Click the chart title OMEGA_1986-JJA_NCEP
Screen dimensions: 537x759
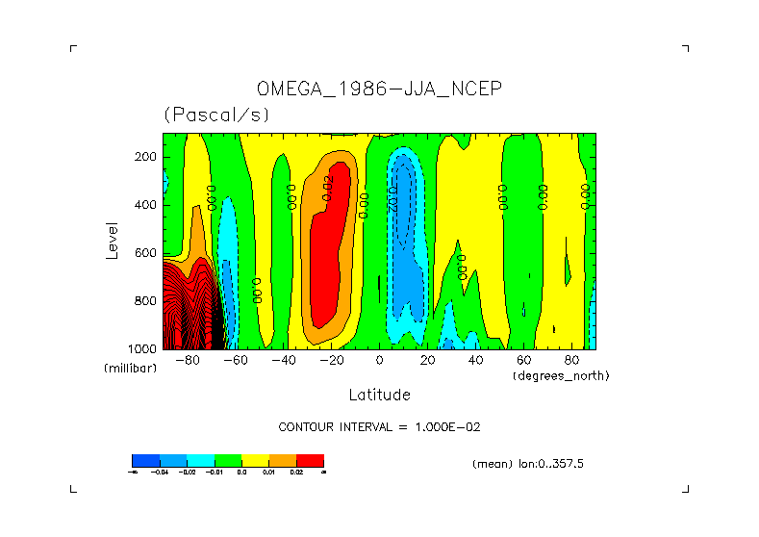[x=380, y=89]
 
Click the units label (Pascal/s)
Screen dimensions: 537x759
[x=216, y=115]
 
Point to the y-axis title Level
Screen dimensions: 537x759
[x=113, y=240]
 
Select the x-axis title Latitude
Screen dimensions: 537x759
[x=379, y=395]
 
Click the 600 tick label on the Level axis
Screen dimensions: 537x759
[x=146, y=253]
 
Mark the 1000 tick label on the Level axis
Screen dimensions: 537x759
[x=143, y=348]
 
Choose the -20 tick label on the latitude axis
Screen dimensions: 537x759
[x=331, y=361]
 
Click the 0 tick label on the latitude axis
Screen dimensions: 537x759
[x=379, y=361]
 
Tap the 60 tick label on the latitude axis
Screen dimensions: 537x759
[x=523, y=361]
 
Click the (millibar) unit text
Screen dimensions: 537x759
[x=130, y=369]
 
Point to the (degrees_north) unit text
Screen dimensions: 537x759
[x=562, y=375]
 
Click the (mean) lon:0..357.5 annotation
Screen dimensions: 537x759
[x=528, y=464]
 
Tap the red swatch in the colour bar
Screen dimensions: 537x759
[x=310, y=460]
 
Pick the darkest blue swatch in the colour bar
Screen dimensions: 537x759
[x=145, y=460]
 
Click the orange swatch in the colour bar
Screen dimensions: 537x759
[x=283, y=460]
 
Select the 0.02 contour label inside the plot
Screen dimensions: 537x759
[x=328, y=187]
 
